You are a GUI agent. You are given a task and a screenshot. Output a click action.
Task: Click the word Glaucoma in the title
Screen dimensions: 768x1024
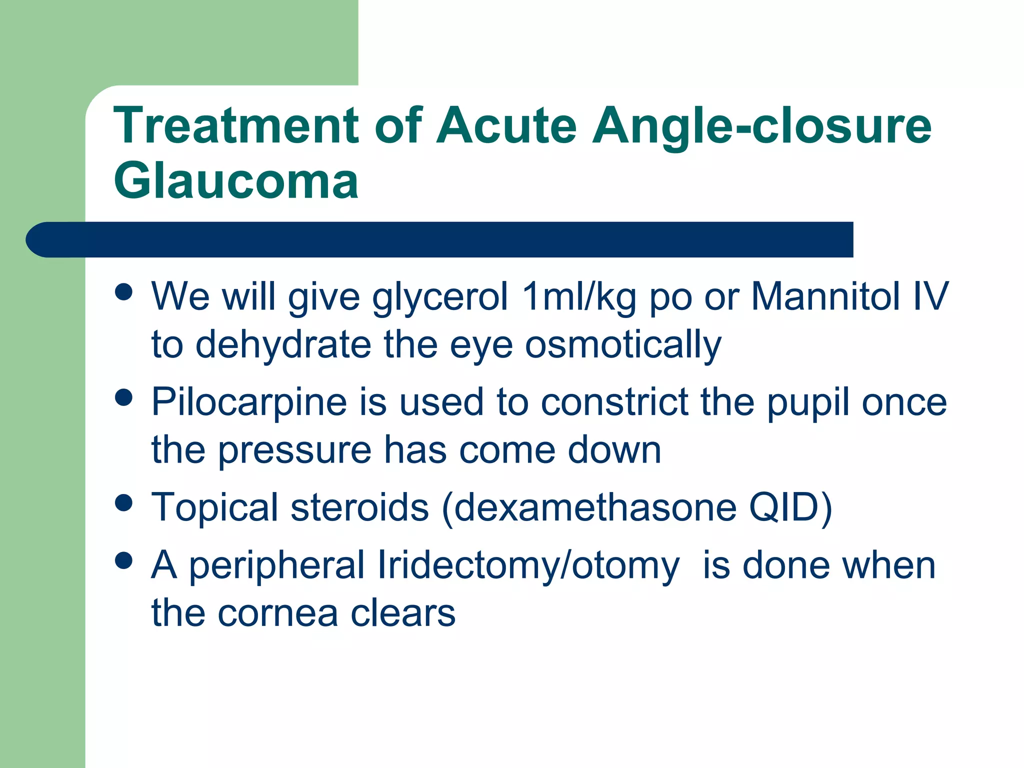pyautogui.click(x=236, y=181)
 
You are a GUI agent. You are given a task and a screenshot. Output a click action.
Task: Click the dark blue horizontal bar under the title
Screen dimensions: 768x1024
pyautogui.click(x=440, y=239)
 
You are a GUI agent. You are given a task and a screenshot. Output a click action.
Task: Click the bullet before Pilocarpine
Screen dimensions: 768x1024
pyautogui.click(x=123, y=397)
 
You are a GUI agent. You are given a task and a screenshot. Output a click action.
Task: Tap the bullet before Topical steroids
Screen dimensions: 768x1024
pyautogui.click(x=123, y=502)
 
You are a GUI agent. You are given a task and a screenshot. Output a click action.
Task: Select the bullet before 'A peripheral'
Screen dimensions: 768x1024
pyautogui.click(x=123, y=560)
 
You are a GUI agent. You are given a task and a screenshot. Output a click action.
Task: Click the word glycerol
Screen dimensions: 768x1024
pyautogui.click(x=440, y=297)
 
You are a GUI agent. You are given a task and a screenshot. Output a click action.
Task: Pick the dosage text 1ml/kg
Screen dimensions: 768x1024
pyautogui.click(x=578, y=297)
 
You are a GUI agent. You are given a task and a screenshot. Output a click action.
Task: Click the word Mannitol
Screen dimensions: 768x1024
pyautogui.click(x=825, y=296)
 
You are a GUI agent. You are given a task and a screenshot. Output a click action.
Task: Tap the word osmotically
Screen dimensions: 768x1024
pyautogui.click(x=623, y=345)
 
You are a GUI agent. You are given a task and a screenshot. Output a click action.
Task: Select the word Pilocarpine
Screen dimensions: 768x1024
pyautogui.click(x=249, y=402)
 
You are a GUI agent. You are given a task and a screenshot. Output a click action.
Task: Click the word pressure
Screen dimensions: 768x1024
pyautogui.click(x=294, y=450)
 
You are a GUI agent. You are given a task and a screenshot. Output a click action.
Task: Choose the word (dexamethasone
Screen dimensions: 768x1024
pyautogui.click(x=589, y=507)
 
